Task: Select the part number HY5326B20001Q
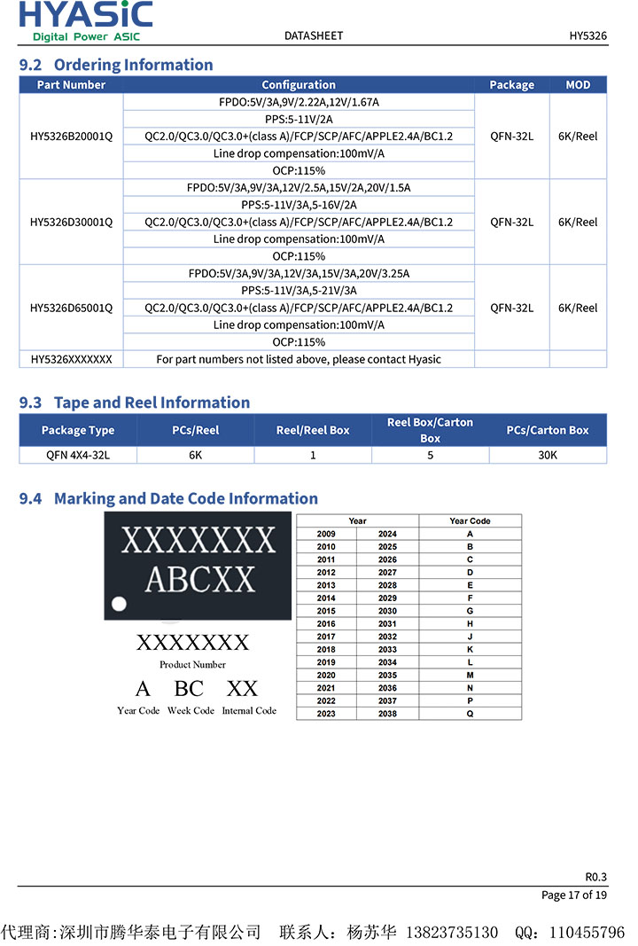71,137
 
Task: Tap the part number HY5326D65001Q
71,308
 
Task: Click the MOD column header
578,85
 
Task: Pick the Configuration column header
299,85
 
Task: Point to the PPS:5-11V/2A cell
299,120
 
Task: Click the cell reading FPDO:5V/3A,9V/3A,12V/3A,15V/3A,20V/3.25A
299,273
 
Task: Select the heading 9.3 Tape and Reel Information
135,403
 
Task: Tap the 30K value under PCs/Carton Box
548,455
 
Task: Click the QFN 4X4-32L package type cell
78,455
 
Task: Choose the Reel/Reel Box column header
313,430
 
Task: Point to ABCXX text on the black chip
199,579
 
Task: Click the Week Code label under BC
191,711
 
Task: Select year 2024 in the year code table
387,534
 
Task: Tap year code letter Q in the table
470,714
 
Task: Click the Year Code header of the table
470,521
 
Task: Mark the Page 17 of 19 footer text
574,895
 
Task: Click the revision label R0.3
595,876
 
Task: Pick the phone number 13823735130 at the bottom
451,933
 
